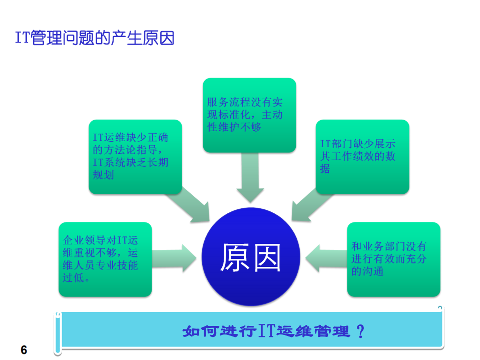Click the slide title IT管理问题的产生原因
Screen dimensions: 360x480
pyautogui.click(x=95, y=38)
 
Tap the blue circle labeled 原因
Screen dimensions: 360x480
pyautogui.click(x=250, y=257)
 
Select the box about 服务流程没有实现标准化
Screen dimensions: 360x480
pyautogui.click(x=249, y=115)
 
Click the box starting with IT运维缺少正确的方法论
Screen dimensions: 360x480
pyautogui.click(x=135, y=156)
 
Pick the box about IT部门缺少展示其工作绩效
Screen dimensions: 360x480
pyautogui.click(x=362, y=156)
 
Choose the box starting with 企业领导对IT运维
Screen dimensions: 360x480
pyautogui.click(x=105, y=259)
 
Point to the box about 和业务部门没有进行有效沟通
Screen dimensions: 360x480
pyautogui.click(x=393, y=259)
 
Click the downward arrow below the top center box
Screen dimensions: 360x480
pyautogui.click(x=250, y=178)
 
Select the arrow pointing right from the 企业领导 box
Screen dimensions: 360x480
pyautogui.click(x=175, y=258)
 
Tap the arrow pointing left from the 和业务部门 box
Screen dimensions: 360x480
pyautogui.click(x=325, y=258)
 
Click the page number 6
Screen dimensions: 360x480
pyautogui.click(x=24, y=350)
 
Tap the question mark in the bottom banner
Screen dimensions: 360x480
pyautogui.click(x=359, y=331)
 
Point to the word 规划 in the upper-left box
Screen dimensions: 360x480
pyautogui.click(x=104, y=175)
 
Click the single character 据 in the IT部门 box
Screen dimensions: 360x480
pyautogui.click(x=325, y=169)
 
